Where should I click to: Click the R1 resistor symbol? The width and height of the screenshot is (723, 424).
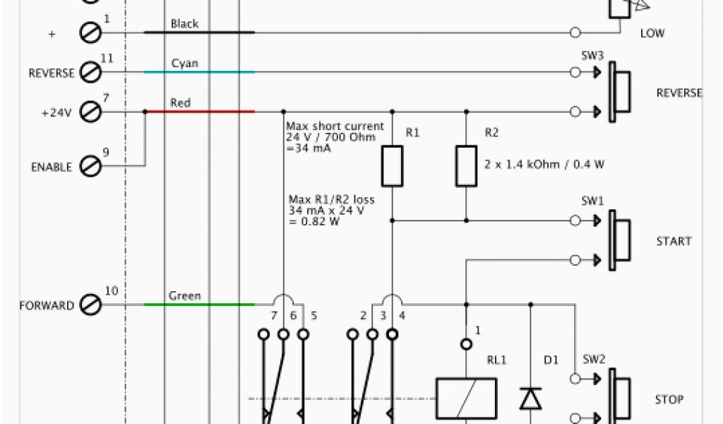click(x=392, y=166)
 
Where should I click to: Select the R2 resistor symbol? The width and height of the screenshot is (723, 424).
click(x=466, y=166)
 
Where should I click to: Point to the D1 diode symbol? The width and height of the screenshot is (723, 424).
click(x=530, y=399)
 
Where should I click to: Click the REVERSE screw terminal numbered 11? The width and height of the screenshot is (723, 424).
click(x=90, y=72)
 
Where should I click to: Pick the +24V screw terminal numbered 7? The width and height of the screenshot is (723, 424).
click(x=90, y=112)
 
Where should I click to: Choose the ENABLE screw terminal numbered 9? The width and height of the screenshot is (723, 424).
click(x=90, y=167)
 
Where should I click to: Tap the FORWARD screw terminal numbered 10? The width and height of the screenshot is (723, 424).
click(x=90, y=305)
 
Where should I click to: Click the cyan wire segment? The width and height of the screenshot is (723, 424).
click(x=199, y=72)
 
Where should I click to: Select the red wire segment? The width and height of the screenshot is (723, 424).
click(x=199, y=112)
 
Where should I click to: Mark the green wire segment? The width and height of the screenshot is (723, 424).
click(x=199, y=305)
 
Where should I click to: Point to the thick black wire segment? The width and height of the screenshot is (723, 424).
click(x=199, y=33)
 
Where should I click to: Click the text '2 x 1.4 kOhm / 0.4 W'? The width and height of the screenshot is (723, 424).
click(x=544, y=164)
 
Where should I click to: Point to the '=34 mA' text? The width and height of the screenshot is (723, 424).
click(x=309, y=148)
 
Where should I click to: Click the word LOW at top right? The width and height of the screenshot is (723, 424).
click(x=652, y=33)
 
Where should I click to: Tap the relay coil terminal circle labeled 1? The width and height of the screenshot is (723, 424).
click(x=466, y=344)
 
